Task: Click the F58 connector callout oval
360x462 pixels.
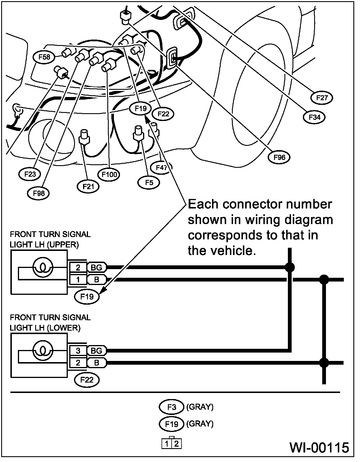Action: [x=44, y=57]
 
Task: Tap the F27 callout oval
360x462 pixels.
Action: [x=322, y=98]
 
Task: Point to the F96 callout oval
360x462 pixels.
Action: [x=279, y=158]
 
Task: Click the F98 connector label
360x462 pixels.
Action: [x=38, y=193]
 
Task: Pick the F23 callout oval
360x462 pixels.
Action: [x=30, y=174]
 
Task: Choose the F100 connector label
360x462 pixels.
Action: [x=109, y=175]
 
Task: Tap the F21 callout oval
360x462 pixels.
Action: [x=88, y=187]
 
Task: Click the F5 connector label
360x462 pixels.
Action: [x=149, y=182]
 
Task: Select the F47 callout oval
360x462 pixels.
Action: [x=162, y=168]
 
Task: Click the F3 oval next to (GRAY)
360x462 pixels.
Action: [x=171, y=407]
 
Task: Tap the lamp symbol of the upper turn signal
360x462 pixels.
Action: [x=43, y=268]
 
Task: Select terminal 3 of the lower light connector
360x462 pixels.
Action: [x=78, y=351]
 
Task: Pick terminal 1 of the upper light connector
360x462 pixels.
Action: [x=78, y=280]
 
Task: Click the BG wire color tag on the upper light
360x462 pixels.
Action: [x=96, y=267]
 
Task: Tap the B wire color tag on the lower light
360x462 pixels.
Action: [x=96, y=363]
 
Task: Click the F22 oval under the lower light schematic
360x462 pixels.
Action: [x=87, y=380]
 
